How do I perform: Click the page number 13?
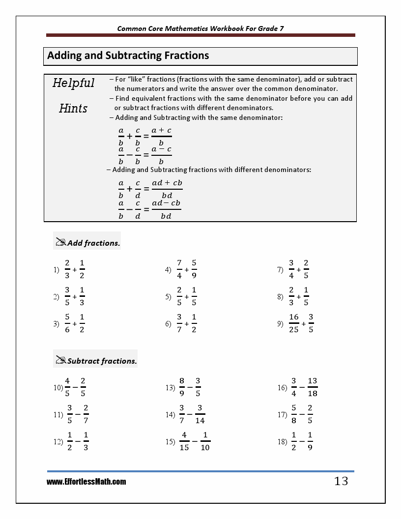tap(341, 481)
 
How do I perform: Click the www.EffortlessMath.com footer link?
tap(86, 482)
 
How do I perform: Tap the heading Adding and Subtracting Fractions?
tap(128, 56)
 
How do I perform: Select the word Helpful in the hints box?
tap(73, 83)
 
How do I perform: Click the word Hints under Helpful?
tap(73, 108)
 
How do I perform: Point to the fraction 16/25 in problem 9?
tap(294, 323)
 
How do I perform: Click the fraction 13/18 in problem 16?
tap(313, 387)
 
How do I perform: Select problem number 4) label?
tap(168, 270)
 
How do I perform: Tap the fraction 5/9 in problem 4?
tap(194, 269)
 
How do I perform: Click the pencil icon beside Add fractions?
tap(61, 242)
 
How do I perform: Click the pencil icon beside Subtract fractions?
tap(61, 360)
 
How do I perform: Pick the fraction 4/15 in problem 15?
tap(184, 441)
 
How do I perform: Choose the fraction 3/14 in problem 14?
tap(200, 414)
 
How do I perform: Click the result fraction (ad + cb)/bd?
tap(167, 189)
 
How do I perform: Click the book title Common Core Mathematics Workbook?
tap(200, 29)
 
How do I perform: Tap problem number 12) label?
tap(57, 442)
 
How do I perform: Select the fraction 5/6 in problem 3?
tap(67, 323)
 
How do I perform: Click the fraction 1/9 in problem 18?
tap(310, 441)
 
